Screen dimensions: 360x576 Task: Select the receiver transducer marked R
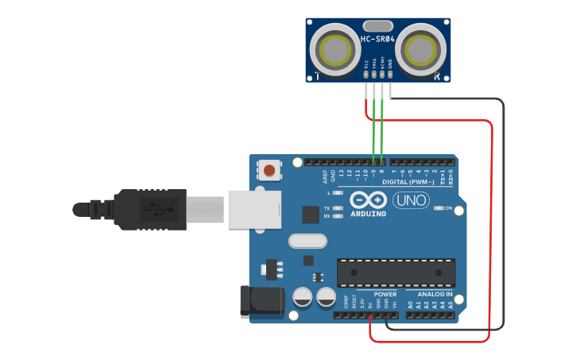(x=420, y=49)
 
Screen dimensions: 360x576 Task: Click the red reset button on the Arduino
(x=270, y=170)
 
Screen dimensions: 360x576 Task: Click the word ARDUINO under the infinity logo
(x=368, y=213)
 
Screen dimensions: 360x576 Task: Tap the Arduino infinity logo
(x=368, y=199)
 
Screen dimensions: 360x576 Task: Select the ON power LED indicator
(x=439, y=208)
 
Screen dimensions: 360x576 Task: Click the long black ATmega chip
(x=396, y=272)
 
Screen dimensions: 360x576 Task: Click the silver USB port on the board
(x=254, y=208)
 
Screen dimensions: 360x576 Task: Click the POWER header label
(x=385, y=294)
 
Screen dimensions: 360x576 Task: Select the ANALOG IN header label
(x=435, y=294)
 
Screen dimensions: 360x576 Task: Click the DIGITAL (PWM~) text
(x=408, y=182)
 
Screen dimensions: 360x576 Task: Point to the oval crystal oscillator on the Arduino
(x=307, y=240)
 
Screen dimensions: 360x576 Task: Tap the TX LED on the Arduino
(x=338, y=208)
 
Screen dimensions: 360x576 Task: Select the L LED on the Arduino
(x=338, y=193)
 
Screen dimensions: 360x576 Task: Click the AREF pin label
(x=324, y=174)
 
